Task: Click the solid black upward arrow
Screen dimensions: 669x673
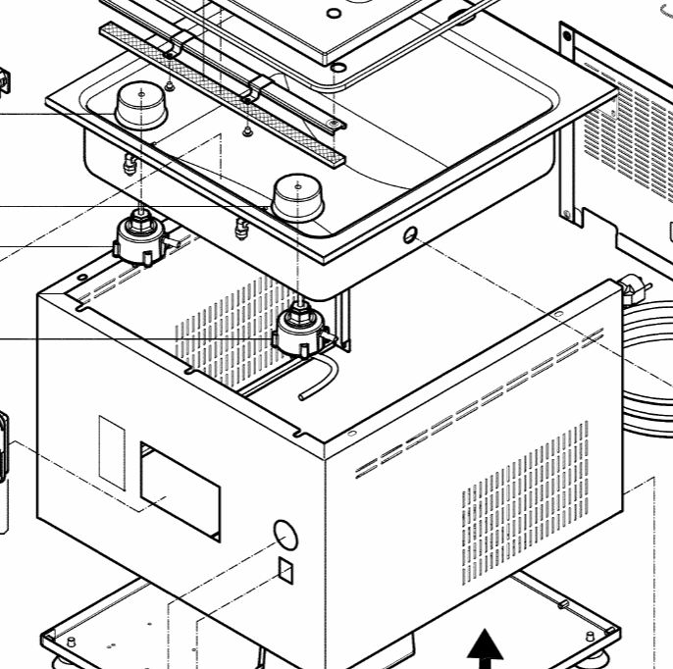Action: pos(485,650)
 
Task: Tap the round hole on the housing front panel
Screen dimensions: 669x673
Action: pos(283,534)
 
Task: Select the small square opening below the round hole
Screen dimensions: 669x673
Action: pos(285,569)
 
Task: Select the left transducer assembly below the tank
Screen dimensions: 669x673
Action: pos(139,239)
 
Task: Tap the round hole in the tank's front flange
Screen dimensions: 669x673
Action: pos(410,234)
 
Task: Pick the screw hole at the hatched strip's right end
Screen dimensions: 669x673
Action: pos(336,124)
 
